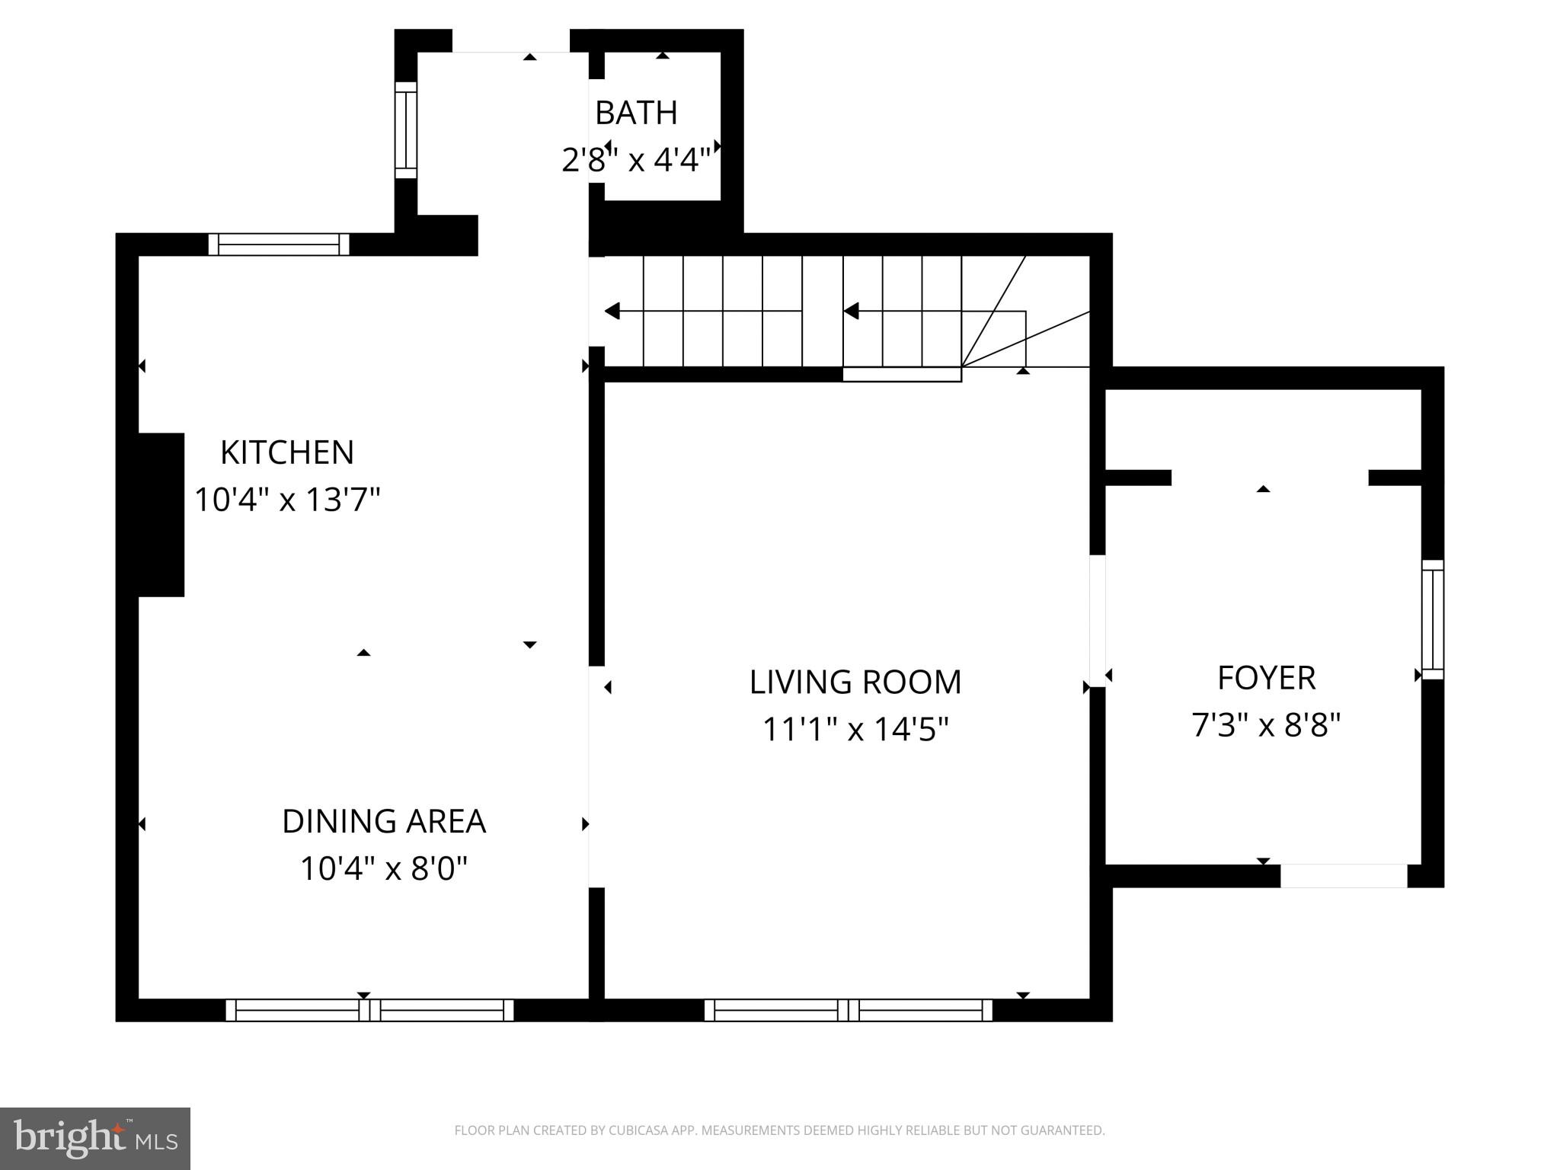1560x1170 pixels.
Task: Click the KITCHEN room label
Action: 287,452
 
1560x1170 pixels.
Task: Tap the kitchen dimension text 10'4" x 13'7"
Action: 287,500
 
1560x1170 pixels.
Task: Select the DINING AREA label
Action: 384,821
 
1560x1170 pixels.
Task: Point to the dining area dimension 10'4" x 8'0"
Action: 384,868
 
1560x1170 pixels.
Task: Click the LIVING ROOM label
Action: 855,682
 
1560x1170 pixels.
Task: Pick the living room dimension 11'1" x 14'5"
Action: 855,730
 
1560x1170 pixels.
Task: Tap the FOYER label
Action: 1266,678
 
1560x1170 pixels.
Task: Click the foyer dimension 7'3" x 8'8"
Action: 1266,725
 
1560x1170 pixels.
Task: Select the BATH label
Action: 636,113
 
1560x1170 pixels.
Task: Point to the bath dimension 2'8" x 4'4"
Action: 636,161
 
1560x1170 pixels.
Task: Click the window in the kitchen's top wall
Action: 279,245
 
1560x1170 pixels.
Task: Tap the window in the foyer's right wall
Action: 1433,619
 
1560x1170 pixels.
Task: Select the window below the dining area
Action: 369,1010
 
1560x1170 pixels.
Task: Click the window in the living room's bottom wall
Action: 848,1010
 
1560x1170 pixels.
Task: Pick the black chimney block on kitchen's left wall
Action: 161,514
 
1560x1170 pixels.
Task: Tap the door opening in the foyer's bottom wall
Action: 1343,876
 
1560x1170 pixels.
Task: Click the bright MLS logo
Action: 95,1139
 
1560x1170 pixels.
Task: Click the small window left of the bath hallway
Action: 406,129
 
